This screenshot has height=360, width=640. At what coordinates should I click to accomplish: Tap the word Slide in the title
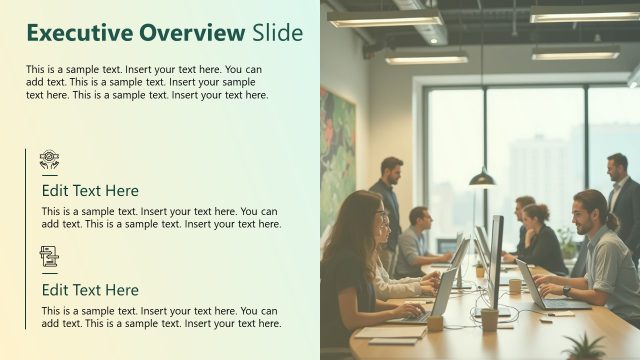[x=277, y=33]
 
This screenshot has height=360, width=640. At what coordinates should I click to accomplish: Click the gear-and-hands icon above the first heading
[x=49, y=159]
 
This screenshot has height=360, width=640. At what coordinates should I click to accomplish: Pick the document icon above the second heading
[x=49, y=257]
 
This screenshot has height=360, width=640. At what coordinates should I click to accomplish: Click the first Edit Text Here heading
[x=90, y=190]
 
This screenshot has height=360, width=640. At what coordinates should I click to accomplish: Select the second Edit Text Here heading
[x=90, y=290]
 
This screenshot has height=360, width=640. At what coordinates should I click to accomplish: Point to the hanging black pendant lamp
[x=482, y=178]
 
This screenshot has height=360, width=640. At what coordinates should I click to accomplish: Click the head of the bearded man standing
[x=391, y=168]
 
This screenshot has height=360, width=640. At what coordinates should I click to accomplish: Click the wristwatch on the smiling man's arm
[x=566, y=292]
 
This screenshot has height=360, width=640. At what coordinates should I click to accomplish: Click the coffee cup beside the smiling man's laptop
[x=515, y=286]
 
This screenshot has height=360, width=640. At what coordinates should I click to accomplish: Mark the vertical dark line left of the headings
[x=26, y=240]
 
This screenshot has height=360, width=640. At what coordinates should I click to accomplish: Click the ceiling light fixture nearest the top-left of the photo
[x=385, y=18]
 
